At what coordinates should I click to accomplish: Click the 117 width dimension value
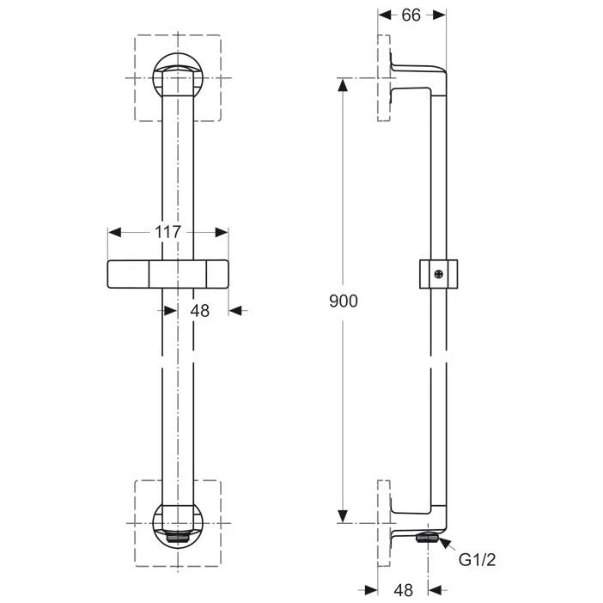coord(168,232)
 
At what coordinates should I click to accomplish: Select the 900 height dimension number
coord(343,301)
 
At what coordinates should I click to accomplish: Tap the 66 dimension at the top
coord(412,15)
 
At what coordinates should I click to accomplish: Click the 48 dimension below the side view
coord(403,590)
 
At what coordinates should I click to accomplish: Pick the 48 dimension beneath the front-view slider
coord(199,311)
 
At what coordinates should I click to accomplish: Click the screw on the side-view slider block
coord(439,274)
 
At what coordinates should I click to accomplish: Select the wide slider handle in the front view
coord(168,273)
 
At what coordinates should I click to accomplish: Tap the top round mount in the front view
coord(178,78)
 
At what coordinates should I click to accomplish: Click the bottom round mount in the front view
coord(178,521)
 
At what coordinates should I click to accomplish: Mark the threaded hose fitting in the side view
coord(426,539)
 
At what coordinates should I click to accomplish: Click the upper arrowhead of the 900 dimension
coord(343,85)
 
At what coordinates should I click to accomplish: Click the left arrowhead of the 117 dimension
coord(115,232)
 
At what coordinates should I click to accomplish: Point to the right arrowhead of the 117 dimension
coord(222,232)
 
